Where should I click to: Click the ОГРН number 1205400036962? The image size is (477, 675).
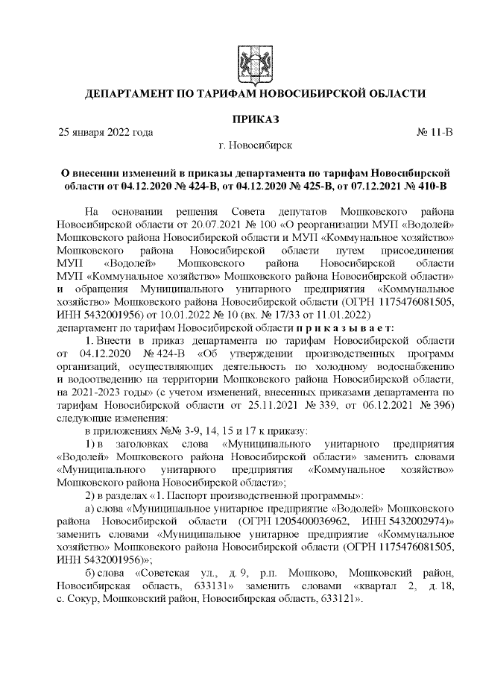point(303,519)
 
